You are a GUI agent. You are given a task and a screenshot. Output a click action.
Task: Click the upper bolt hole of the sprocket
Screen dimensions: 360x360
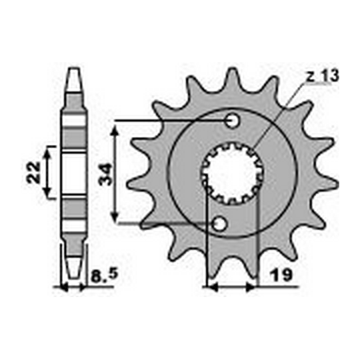point(232,121)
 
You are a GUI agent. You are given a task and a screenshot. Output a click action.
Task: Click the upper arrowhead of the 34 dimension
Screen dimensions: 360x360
point(117,126)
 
